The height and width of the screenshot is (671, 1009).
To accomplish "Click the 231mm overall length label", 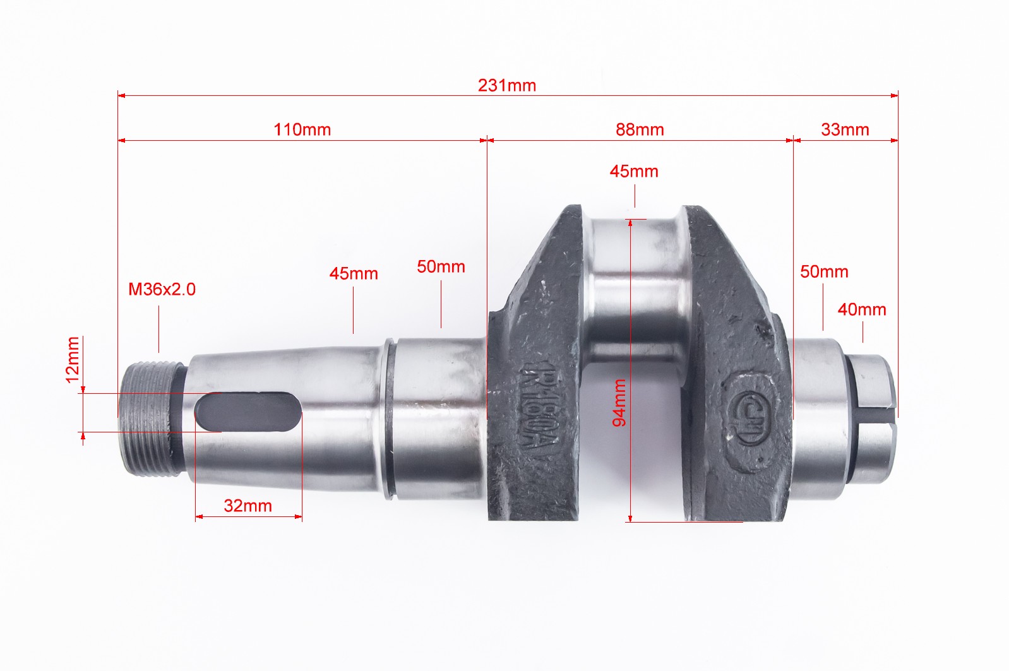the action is [507, 86].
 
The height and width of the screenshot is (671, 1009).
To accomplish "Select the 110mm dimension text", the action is [302, 129].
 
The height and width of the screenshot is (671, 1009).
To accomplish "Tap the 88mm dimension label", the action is [640, 129].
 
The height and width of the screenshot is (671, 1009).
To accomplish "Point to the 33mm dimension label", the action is [845, 129].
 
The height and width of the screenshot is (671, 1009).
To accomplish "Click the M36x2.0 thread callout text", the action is [162, 290].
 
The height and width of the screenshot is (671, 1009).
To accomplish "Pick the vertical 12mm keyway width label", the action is [73, 360].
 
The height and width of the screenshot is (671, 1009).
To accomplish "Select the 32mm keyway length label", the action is [248, 506].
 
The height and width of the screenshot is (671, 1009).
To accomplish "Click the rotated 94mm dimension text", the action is [619, 403].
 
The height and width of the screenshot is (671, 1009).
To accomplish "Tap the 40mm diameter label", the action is [862, 310].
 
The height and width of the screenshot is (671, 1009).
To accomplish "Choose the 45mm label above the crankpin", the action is [634, 172].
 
